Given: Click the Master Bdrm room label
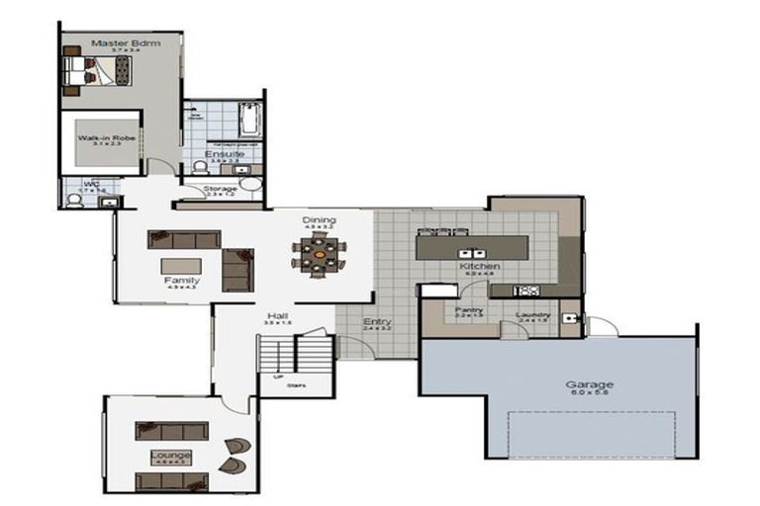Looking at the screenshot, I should (120, 42).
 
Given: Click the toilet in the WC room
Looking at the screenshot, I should (73, 200).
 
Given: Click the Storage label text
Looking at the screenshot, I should (220, 188).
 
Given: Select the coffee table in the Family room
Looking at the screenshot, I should (181, 266).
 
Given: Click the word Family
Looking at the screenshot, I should (181, 281).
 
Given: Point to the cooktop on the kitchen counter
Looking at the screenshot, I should (526, 291).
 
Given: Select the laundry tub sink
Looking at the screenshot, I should (571, 319).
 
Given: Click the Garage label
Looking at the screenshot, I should (590, 384).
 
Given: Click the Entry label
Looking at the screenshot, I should (377, 321).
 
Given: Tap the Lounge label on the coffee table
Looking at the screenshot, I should (170, 455).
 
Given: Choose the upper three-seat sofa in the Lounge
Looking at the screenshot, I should (171, 430).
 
